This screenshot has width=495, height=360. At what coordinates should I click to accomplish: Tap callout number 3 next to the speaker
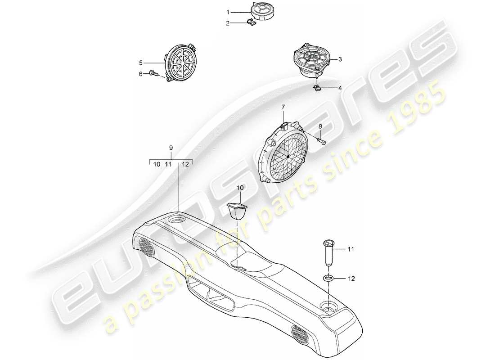pyautogui.click(x=340, y=59)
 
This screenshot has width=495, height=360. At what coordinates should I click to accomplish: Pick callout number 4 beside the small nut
pyautogui.click(x=340, y=88)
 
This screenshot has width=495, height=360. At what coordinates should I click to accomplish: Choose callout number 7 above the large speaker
pyautogui.click(x=283, y=107)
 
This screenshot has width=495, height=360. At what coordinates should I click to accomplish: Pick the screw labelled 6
pyautogui.click(x=154, y=72)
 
